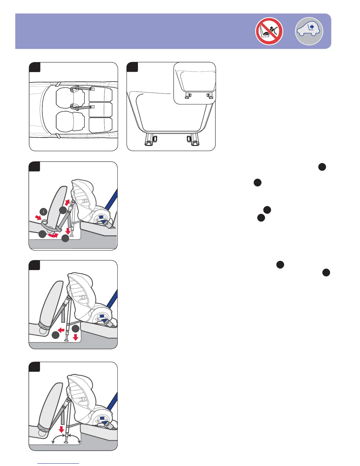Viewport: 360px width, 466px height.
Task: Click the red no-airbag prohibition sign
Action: pyautogui.click(x=269, y=31)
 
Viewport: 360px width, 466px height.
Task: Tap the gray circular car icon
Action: pyautogui.click(x=309, y=31)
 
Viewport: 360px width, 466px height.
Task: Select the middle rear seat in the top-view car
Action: pyautogui.click(x=101, y=109)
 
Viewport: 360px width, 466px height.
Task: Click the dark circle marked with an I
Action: pyautogui.click(x=43, y=211)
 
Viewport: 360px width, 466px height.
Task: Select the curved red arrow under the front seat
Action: pyautogui.click(x=53, y=235)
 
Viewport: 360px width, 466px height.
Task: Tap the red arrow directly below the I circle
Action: pyautogui.click(x=38, y=217)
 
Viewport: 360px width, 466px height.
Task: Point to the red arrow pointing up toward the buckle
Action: pyautogui.click(x=67, y=202)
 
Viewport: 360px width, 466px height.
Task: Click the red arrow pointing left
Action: pyautogui.click(x=61, y=330)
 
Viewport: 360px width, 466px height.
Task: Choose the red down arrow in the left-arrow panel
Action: pyautogui.click(x=76, y=337)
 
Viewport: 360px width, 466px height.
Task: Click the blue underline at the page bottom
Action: pyautogui.click(x=58, y=463)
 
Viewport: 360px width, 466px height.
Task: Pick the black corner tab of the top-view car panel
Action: pyautogui.click(x=35, y=67)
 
